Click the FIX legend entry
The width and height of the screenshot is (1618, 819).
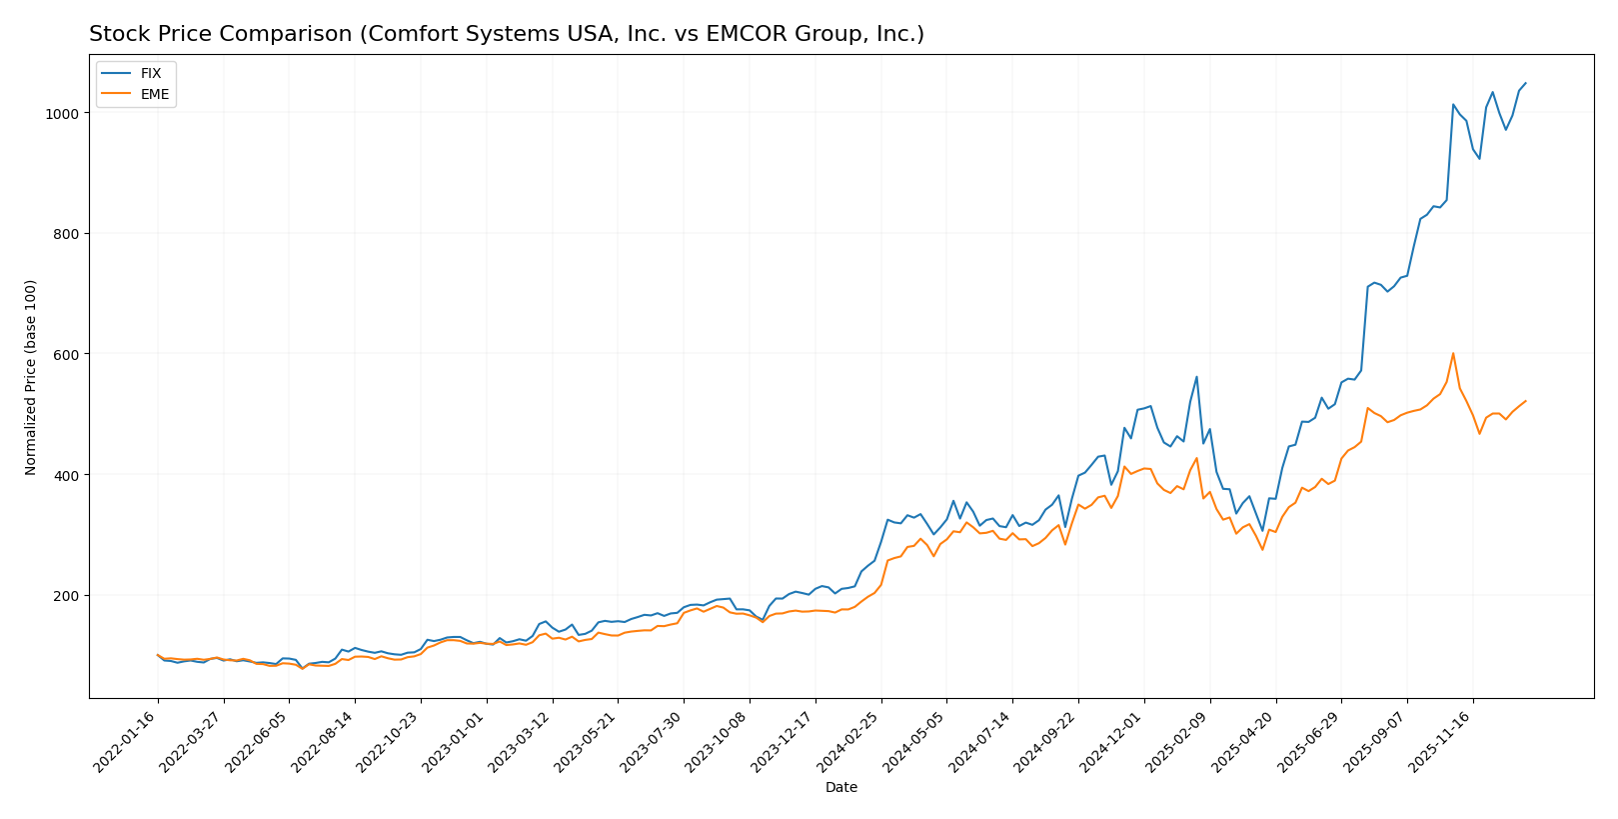[x=150, y=74]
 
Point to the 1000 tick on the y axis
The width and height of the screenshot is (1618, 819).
[x=63, y=113]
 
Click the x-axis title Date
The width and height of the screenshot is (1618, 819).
[x=840, y=788]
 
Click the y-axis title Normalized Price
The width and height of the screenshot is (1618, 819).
[x=31, y=377]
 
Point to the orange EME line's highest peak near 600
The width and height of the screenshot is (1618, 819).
[x=1453, y=353]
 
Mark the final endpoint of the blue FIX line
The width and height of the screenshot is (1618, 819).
[x=1525, y=83]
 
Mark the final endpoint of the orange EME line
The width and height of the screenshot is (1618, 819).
[x=1525, y=401]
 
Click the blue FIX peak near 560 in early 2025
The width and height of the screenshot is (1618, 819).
[x=1196, y=377]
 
